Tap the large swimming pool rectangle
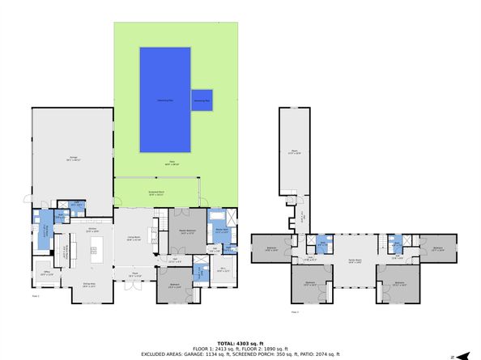[165, 99]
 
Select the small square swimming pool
[202, 100]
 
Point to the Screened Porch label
[155, 193]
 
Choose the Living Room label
[131, 237]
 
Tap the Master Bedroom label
[186, 231]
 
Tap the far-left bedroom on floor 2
[272, 249]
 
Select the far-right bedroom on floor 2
[438, 249]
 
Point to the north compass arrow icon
[465, 354]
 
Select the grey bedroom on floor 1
[174, 285]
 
